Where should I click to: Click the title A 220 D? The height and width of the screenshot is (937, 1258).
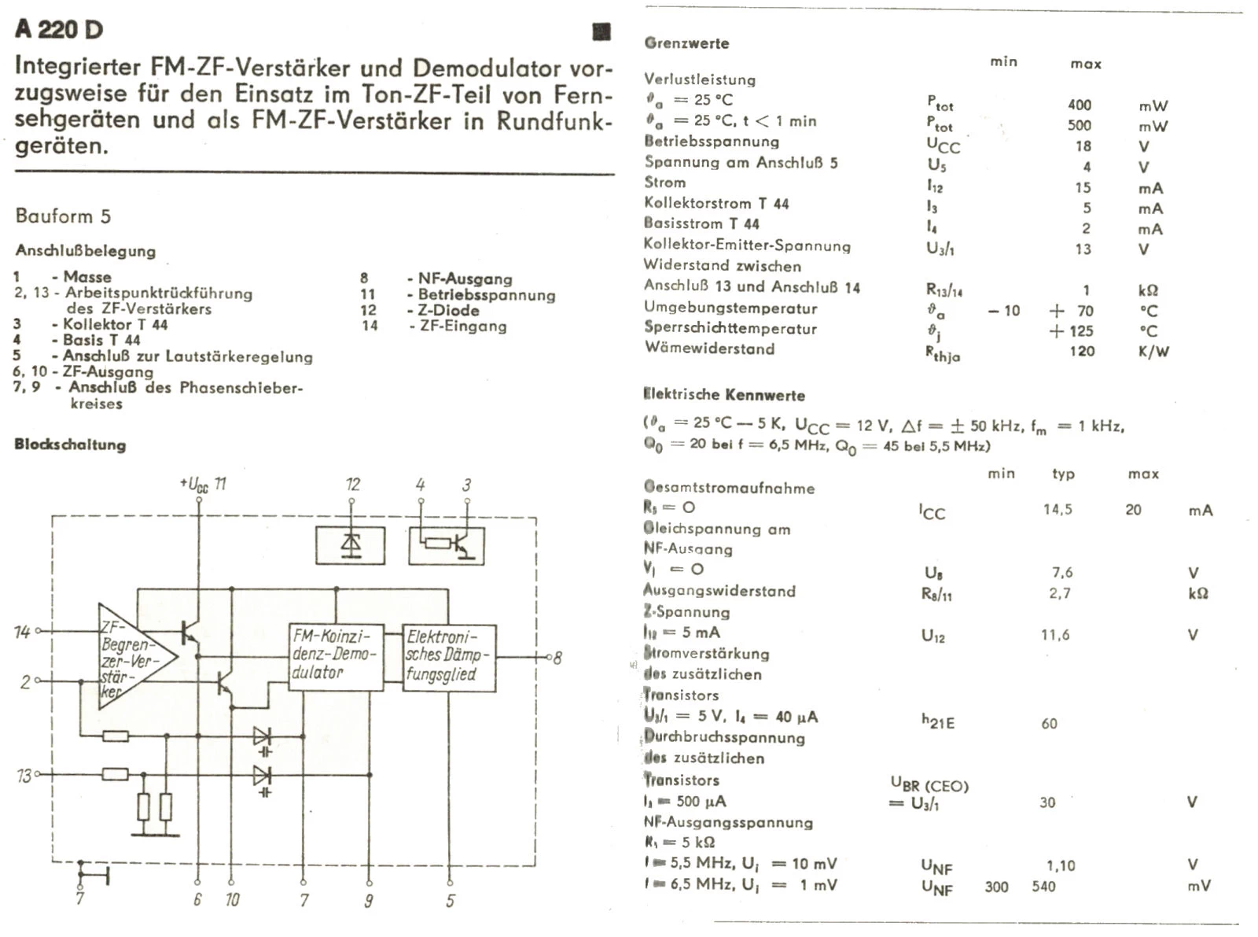[59, 29]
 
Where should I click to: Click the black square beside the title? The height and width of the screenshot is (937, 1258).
[601, 31]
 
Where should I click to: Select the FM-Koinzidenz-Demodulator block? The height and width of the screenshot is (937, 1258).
[336, 655]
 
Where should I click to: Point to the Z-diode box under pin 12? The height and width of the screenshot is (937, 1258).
[351, 544]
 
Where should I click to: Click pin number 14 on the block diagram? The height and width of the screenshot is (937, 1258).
[21, 632]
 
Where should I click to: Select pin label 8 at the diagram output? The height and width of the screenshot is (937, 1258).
[557, 658]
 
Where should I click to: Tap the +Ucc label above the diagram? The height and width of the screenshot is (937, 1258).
[194, 485]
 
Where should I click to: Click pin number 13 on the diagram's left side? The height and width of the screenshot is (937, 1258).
[23, 776]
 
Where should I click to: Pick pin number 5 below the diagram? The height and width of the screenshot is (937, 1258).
[450, 901]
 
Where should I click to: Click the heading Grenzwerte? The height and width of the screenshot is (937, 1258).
[686, 43]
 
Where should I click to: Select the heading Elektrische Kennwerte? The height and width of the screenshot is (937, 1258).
[723, 395]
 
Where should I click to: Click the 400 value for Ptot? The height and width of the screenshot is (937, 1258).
[1080, 105]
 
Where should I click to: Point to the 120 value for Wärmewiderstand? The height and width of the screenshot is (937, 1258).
[1082, 351]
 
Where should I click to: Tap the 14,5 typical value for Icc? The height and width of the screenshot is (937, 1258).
[1058, 510]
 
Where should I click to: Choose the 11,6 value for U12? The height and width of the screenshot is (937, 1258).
[1055, 635]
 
